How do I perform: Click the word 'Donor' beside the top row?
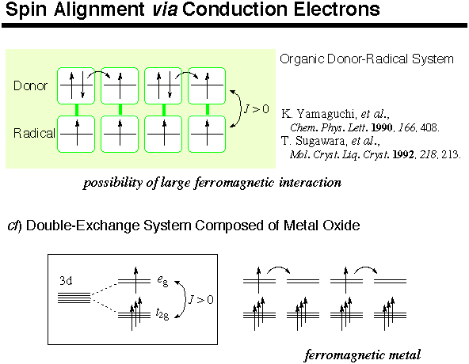(x=31, y=85)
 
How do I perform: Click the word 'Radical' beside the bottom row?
(x=34, y=133)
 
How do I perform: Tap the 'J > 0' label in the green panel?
(x=257, y=109)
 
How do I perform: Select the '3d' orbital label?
(x=66, y=281)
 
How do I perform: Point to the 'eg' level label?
(x=162, y=281)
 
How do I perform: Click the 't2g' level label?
(x=162, y=313)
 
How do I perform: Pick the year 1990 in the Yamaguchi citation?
(x=382, y=127)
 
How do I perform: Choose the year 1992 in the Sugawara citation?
(x=403, y=154)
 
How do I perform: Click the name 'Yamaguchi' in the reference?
(x=326, y=114)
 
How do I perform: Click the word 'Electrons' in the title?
(x=337, y=9)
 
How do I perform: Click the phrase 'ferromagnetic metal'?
(x=363, y=355)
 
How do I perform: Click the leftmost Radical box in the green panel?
(x=76, y=135)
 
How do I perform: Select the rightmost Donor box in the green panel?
(x=207, y=85)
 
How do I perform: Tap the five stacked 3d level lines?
(x=74, y=298)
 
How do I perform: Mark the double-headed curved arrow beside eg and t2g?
(x=182, y=299)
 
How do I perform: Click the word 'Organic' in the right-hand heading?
(x=302, y=59)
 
